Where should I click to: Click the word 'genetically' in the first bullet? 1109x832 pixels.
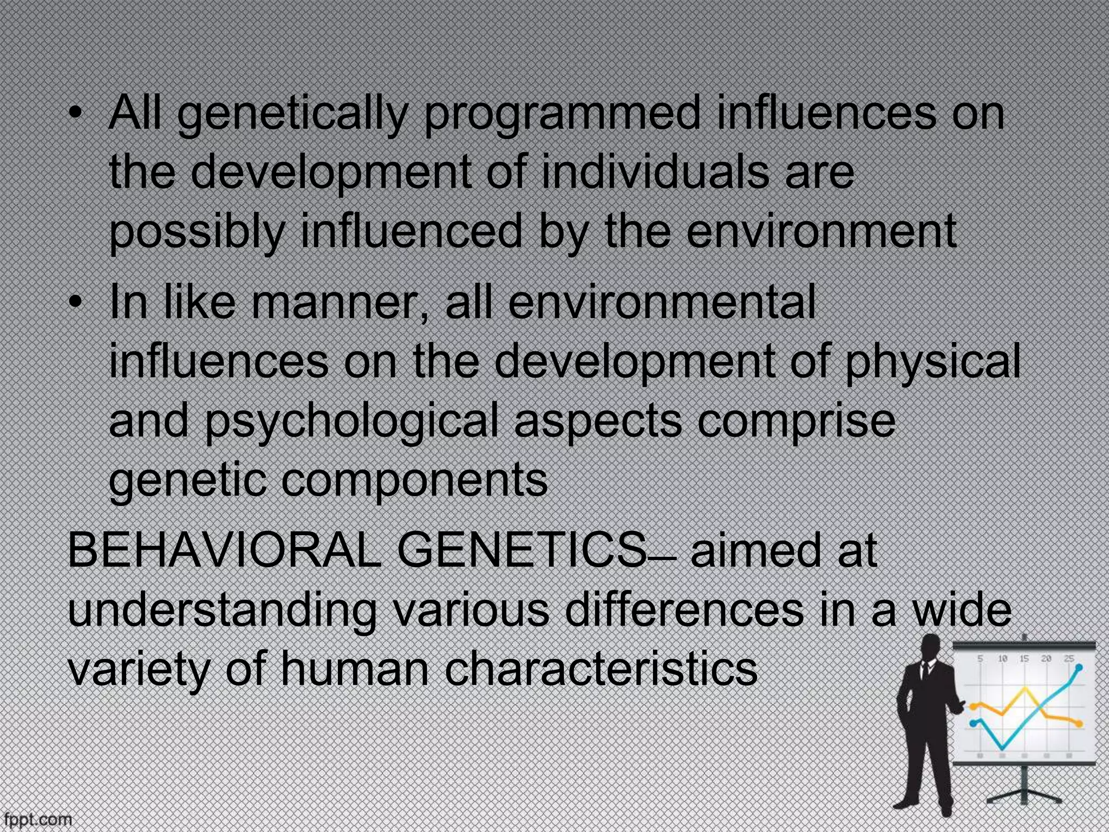pos(292,114)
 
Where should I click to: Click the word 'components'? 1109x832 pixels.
pos(414,479)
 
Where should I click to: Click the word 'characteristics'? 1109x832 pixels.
pos(601,669)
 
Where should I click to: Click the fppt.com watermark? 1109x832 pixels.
pos(36,820)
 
